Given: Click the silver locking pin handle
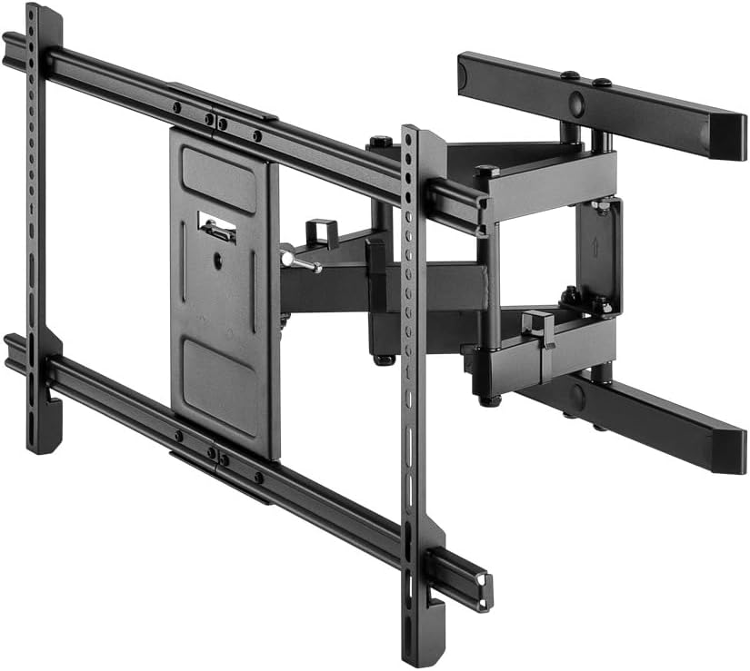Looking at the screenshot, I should coord(299,261).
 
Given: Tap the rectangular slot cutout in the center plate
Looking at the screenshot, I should coord(217,227).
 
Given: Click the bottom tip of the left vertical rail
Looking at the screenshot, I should coord(43,444).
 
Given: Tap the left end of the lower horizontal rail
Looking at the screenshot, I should coord(13,350).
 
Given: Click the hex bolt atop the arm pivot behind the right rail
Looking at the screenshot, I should coord(381,142).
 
